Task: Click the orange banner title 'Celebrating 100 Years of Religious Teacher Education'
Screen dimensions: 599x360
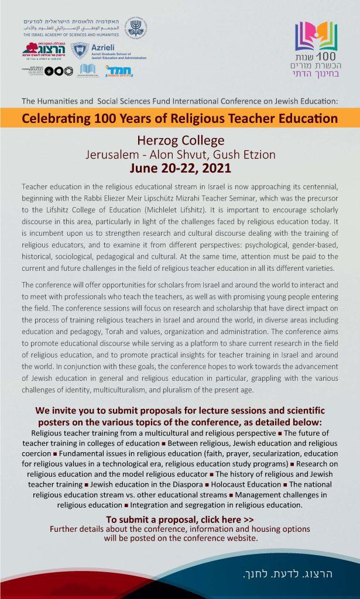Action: click(180, 119)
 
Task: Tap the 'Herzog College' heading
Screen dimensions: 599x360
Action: click(180, 142)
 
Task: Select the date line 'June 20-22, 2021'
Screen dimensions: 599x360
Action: click(180, 168)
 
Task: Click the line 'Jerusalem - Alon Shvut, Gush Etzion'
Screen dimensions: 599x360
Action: click(180, 155)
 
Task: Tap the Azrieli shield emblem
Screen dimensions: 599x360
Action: click(80, 51)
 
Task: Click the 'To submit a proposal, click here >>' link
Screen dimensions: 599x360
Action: click(180, 519)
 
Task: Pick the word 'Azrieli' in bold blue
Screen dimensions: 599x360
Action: click(105, 46)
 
